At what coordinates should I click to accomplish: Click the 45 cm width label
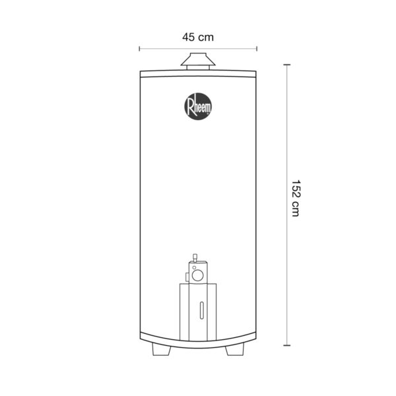pyautogui.click(x=198, y=38)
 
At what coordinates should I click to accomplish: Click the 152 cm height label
pyautogui.click(x=295, y=198)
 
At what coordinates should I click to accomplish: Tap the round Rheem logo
pyautogui.click(x=198, y=106)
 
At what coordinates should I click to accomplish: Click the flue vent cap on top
pyautogui.click(x=198, y=61)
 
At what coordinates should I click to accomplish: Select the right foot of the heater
pyautogui.click(x=234, y=350)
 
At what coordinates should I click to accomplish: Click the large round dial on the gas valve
pyautogui.click(x=197, y=275)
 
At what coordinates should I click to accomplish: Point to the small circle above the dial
pyautogui.click(x=194, y=267)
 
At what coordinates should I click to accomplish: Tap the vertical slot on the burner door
pyautogui.click(x=201, y=310)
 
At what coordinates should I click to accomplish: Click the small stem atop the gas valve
pyautogui.click(x=195, y=258)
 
